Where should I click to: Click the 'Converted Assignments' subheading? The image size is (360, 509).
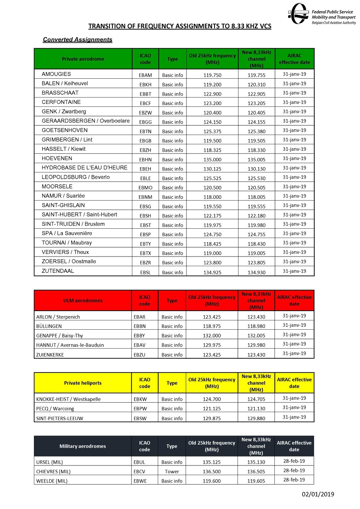tap(77, 40)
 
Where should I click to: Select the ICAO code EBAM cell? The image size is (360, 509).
tap(145, 75)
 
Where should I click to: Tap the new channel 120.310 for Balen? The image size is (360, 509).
tap(256, 85)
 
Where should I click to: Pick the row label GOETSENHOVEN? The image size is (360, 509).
tap(65, 130)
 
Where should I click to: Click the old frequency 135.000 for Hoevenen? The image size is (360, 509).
tap(212, 160)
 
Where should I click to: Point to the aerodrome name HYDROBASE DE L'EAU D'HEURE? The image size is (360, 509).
tap(84, 168)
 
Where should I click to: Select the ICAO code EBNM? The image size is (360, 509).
tap(145, 197)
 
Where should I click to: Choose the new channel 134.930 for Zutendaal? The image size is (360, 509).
tap(256, 272)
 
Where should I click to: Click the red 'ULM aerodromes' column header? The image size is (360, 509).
tap(83, 301)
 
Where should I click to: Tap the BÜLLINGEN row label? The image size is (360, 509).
tap(49, 326)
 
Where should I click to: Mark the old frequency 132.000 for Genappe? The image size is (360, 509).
tap(212, 336)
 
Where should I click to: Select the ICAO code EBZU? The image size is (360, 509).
tap(140, 355)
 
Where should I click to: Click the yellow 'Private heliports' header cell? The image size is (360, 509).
tap(83, 383)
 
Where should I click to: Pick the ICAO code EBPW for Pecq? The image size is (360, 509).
tap(140, 409)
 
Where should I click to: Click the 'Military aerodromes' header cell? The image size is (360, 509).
tap(83, 446)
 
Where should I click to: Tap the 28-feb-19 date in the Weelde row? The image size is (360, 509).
tap(294, 480)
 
